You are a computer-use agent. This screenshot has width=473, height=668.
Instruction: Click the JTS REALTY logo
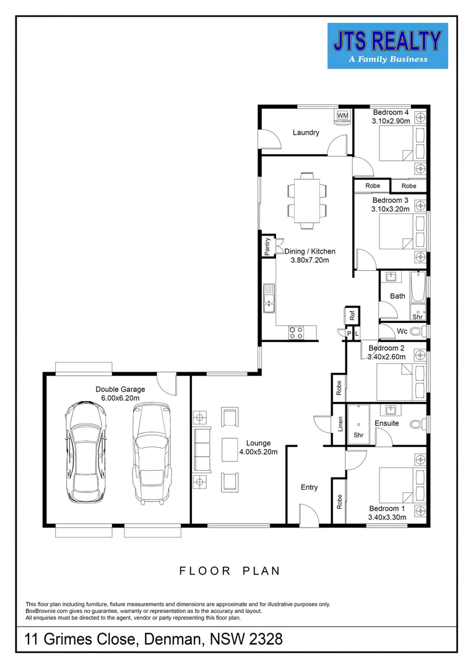[388, 46]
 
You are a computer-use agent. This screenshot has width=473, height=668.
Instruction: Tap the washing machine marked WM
[342, 116]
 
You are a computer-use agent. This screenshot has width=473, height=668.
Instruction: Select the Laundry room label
[306, 132]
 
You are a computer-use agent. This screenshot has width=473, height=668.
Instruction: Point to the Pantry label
[267, 247]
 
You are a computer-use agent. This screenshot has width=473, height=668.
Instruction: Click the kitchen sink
[269, 298]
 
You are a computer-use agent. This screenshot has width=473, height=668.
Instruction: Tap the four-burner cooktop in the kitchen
[296, 332]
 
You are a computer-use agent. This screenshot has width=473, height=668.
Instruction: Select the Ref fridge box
[352, 315]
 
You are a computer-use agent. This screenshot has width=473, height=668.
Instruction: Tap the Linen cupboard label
[341, 424]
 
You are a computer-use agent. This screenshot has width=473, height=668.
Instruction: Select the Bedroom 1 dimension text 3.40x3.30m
[387, 517]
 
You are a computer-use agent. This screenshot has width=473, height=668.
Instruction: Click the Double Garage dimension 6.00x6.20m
[120, 398]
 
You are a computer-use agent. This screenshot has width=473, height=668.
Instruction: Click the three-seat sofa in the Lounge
[202, 449]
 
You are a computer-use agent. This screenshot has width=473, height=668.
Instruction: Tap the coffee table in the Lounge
[230, 449]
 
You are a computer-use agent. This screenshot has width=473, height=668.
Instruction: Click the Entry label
[309, 487]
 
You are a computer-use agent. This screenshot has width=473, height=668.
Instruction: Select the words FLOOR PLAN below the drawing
[230, 571]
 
